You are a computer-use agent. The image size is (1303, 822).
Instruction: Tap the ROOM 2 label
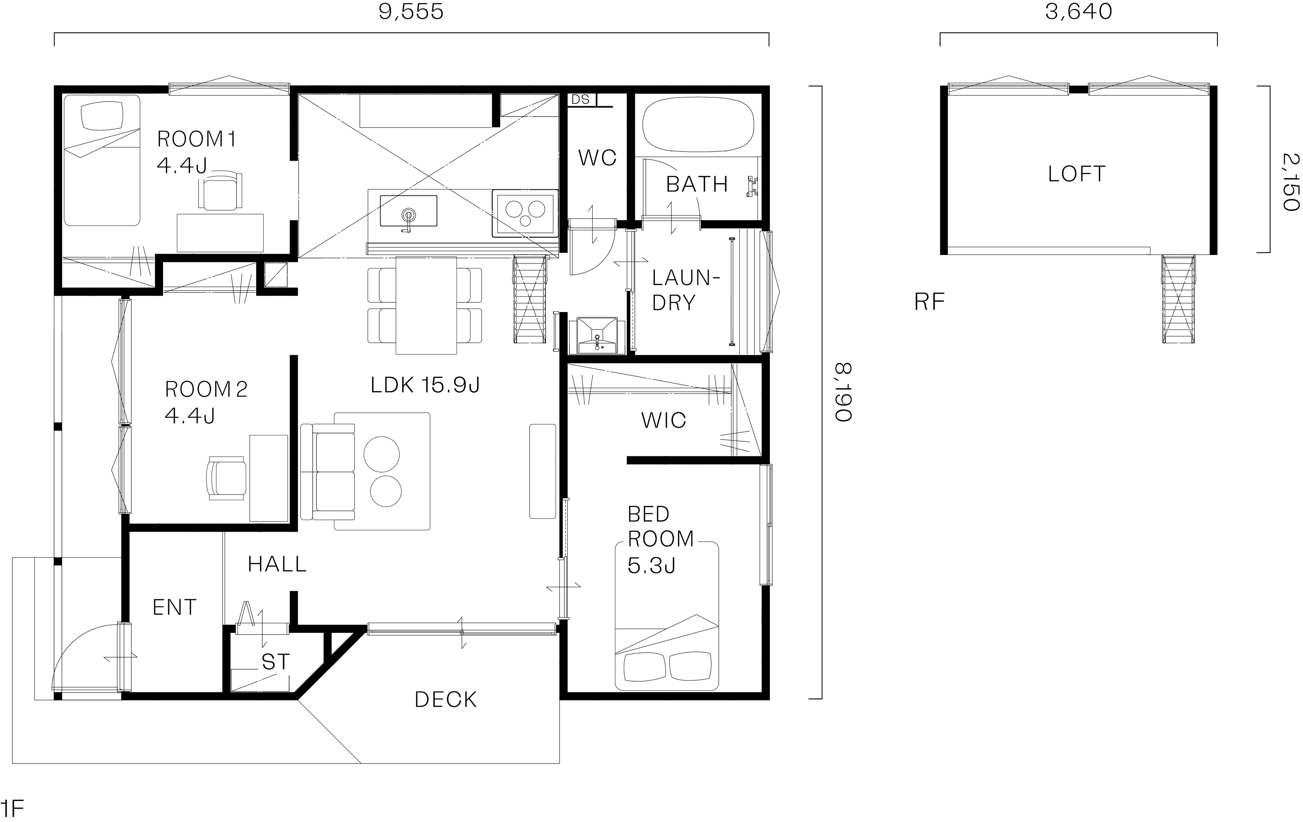(205, 389)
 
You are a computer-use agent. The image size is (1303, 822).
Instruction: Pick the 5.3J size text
(651, 566)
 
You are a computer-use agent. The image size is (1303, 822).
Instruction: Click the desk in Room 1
(220, 233)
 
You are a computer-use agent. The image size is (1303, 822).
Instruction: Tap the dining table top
(426, 306)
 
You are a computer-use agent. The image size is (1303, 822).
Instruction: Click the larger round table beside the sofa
(382, 454)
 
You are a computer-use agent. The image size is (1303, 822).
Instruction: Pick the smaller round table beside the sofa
(385, 491)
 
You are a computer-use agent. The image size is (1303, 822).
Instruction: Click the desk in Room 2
(268, 478)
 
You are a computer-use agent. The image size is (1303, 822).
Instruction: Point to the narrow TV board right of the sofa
(542, 471)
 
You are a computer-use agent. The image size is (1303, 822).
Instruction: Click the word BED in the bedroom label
(648, 514)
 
